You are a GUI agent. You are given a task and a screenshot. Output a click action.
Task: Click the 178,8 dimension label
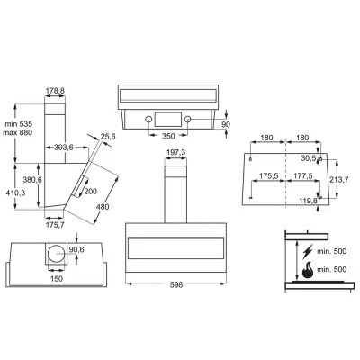tap(55, 90)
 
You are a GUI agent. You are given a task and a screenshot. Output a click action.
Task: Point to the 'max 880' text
tap(17, 132)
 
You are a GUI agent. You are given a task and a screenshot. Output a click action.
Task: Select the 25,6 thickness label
tap(108, 137)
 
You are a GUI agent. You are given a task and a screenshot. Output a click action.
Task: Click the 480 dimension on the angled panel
tap(103, 207)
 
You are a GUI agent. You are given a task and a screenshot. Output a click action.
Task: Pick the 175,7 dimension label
tap(56, 225)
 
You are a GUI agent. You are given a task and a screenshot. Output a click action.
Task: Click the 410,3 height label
tap(15, 193)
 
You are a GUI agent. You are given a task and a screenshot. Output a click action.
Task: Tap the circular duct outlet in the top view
tap(57, 254)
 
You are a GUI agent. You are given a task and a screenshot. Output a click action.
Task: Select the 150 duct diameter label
tap(57, 279)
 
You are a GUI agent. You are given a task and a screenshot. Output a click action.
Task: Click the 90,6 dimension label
tap(76, 249)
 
